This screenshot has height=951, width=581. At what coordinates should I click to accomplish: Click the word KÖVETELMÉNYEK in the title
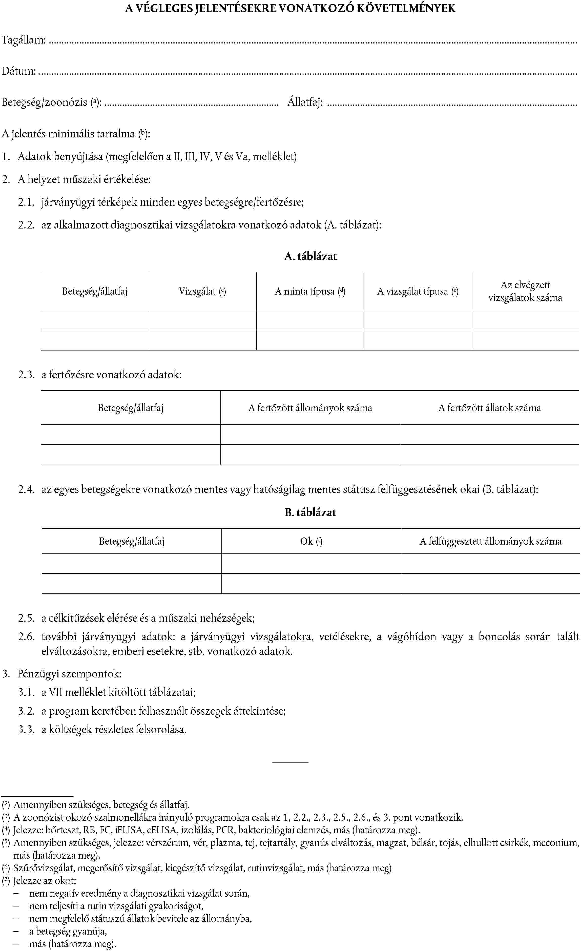point(406,9)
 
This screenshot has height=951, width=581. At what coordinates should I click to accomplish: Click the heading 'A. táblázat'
point(310,257)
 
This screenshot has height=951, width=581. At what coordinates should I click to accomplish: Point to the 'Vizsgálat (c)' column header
point(202,291)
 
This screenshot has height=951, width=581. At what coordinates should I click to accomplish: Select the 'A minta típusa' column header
point(310,291)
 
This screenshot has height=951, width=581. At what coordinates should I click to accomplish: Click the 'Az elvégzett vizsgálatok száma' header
point(525,291)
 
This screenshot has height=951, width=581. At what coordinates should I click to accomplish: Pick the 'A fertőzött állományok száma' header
point(310,408)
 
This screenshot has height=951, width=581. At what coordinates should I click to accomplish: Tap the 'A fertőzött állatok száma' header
point(489,408)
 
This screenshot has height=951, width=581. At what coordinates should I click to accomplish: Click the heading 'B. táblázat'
point(310,512)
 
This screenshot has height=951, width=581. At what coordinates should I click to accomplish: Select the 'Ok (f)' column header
point(311,541)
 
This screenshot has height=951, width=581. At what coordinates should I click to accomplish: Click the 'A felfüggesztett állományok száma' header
point(490,541)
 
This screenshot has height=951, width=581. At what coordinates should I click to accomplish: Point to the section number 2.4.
point(26,490)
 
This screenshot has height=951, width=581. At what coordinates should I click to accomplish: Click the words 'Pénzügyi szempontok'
point(70,674)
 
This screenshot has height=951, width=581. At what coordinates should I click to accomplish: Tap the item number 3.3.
point(26,730)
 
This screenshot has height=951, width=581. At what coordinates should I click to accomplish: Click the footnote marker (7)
point(6,881)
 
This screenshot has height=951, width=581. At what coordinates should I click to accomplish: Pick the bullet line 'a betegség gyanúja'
point(68,931)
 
